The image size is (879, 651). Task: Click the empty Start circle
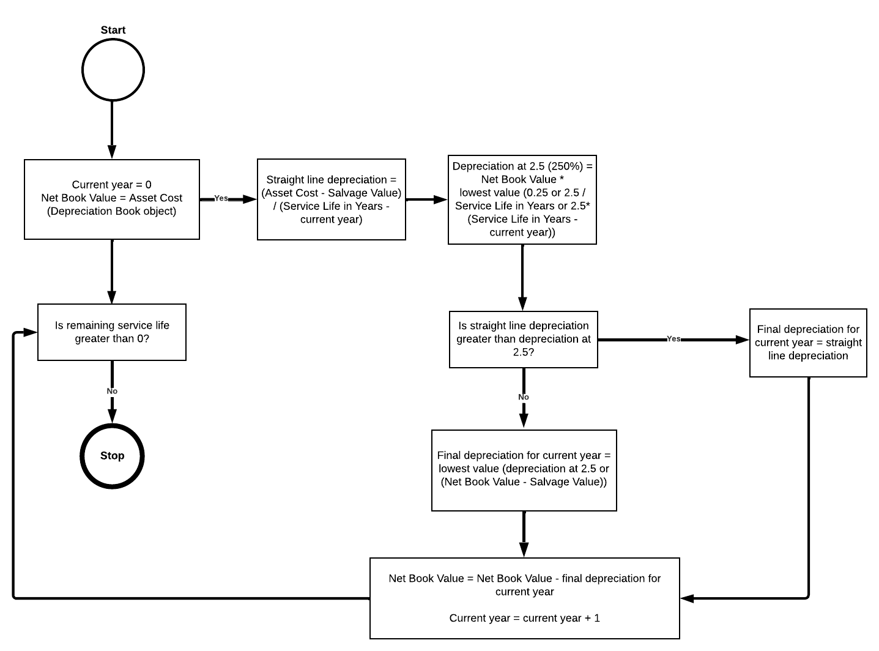[113, 69]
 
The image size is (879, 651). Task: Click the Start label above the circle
[113, 30]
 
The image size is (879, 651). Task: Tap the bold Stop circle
[112, 456]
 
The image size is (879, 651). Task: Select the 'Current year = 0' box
[112, 199]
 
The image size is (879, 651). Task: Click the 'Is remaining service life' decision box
[112, 332]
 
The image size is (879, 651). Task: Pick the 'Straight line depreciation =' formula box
[331, 199]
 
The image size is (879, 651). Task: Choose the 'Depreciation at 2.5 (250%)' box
[522, 199]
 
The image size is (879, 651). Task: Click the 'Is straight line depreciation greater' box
[523, 340]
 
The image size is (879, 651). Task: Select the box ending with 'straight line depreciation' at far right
[807, 343]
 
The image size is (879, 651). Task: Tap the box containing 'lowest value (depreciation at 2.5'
[524, 470]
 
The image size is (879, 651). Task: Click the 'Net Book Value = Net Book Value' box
[524, 598]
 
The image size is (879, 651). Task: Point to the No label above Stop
[112, 391]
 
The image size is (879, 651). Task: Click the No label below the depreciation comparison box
[524, 397]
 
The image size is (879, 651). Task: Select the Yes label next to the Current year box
[221, 198]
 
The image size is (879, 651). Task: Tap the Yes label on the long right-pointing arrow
[673, 339]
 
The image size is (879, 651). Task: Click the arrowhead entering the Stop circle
[112, 416]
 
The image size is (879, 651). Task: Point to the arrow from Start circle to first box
[112, 128]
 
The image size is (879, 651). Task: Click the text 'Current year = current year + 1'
[524, 618]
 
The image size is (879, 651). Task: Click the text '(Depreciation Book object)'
[112, 212]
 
